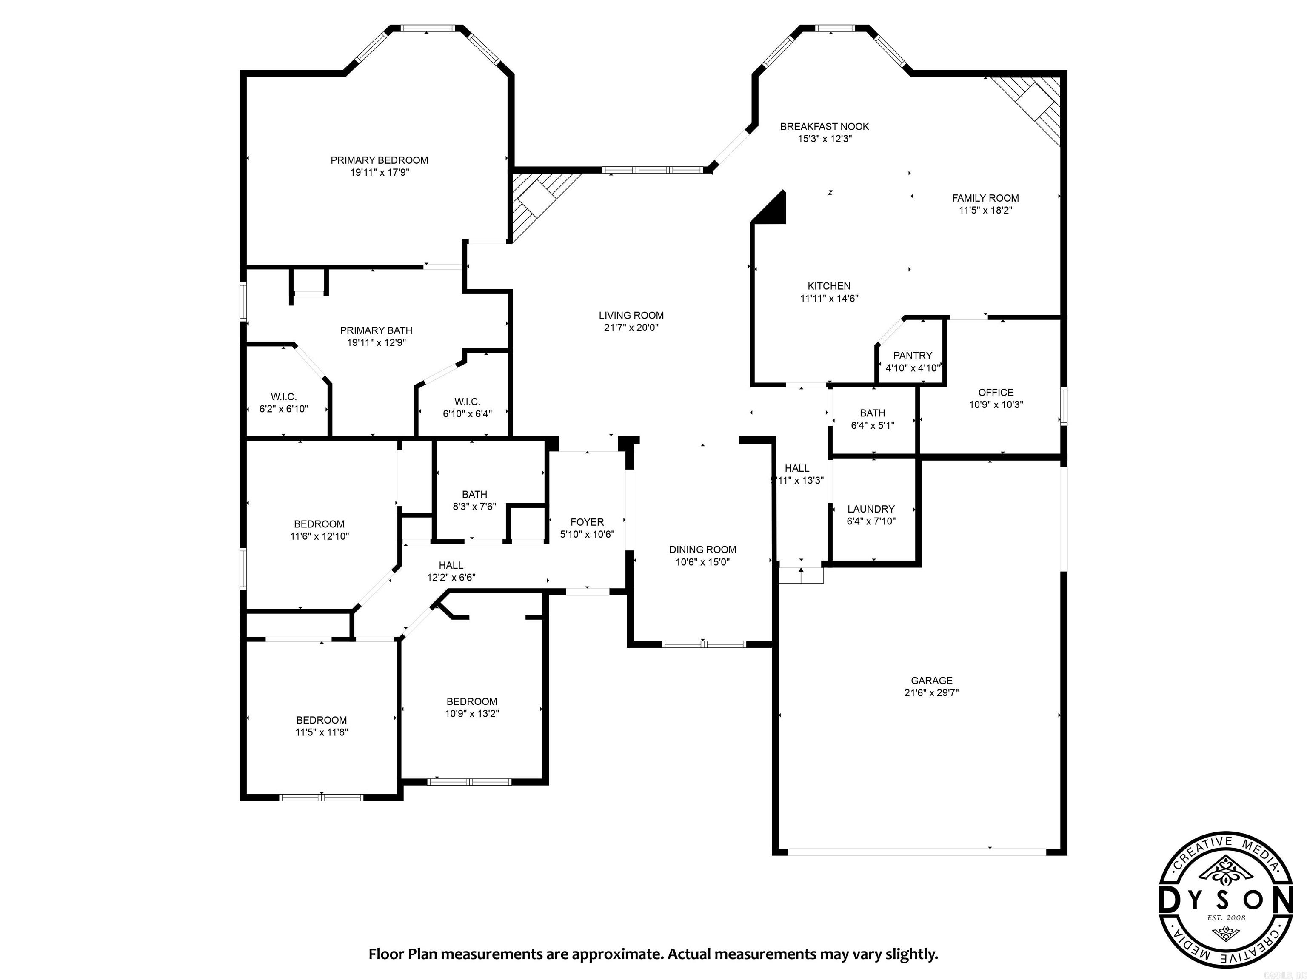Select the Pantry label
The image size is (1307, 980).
(x=912, y=356)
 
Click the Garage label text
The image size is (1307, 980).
(x=931, y=681)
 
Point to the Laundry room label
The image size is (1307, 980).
(x=870, y=509)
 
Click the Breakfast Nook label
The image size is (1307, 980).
(x=824, y=126)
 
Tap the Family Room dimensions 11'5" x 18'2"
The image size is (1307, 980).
(x=985, y=210)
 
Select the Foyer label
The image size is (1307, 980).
(x=587, y=522)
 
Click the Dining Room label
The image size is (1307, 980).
(x=702, y=550)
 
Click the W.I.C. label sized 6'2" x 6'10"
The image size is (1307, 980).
(x=284, y=397)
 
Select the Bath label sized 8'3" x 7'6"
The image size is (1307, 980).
(x=474, y=494)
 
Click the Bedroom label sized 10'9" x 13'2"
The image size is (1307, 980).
(x=471, y=702)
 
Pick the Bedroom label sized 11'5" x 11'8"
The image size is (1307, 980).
(x=322, y=720)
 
